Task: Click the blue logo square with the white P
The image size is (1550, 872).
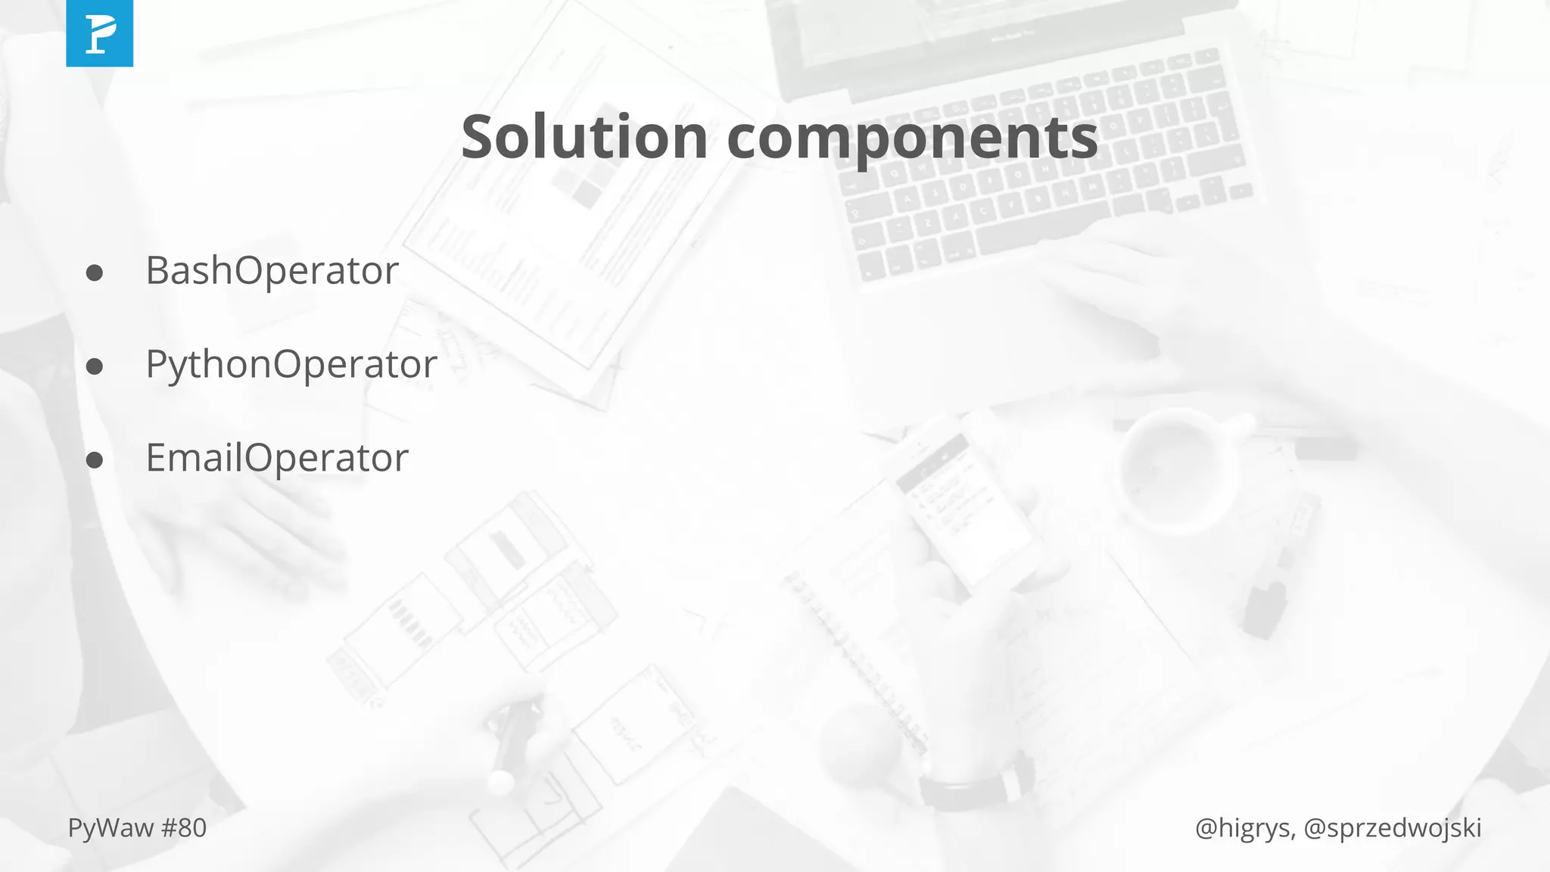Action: tap(99, 33)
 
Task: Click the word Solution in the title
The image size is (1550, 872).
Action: tap(584, 137)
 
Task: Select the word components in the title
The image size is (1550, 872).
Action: tap(912, 139)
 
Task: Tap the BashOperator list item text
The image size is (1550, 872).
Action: tap(272, 271)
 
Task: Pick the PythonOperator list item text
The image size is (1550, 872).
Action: tap(291, 364)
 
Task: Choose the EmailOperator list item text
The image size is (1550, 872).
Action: tap(277, 458)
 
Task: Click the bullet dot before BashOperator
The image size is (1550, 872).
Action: tap(95, 273)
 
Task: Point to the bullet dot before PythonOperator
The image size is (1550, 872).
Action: tap(95, 367)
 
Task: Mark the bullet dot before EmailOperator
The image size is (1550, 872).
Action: tap(95, 460)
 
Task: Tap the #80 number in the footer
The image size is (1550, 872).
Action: tap(184, 828)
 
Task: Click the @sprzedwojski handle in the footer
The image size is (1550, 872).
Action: tap(1393, 828)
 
